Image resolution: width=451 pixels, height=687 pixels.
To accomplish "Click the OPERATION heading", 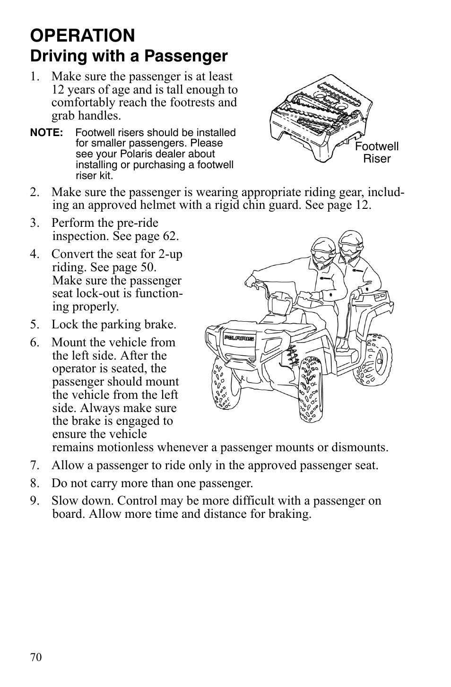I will tap(83, 35).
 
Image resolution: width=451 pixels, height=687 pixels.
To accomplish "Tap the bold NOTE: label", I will tap(46, 133).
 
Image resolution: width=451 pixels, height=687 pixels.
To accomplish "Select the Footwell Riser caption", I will tap(377, 153).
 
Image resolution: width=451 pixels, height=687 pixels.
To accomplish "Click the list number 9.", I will tap(34, 501).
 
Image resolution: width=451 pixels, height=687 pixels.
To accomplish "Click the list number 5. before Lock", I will tap(34, 325).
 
